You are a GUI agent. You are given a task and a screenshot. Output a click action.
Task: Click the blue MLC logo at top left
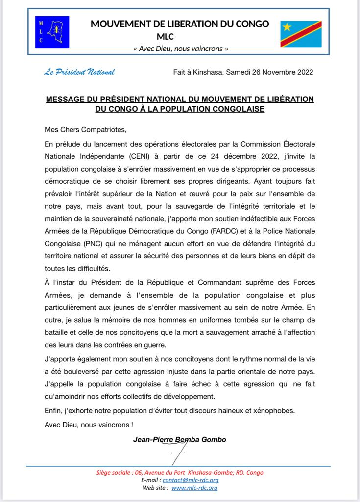(52, 32)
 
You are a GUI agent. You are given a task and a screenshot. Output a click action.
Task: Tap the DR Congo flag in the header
(301, 34)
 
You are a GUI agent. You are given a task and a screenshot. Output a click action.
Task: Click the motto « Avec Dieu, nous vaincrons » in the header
(181, 49)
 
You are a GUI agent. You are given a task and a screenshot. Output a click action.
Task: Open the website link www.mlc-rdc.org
(194, 488)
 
